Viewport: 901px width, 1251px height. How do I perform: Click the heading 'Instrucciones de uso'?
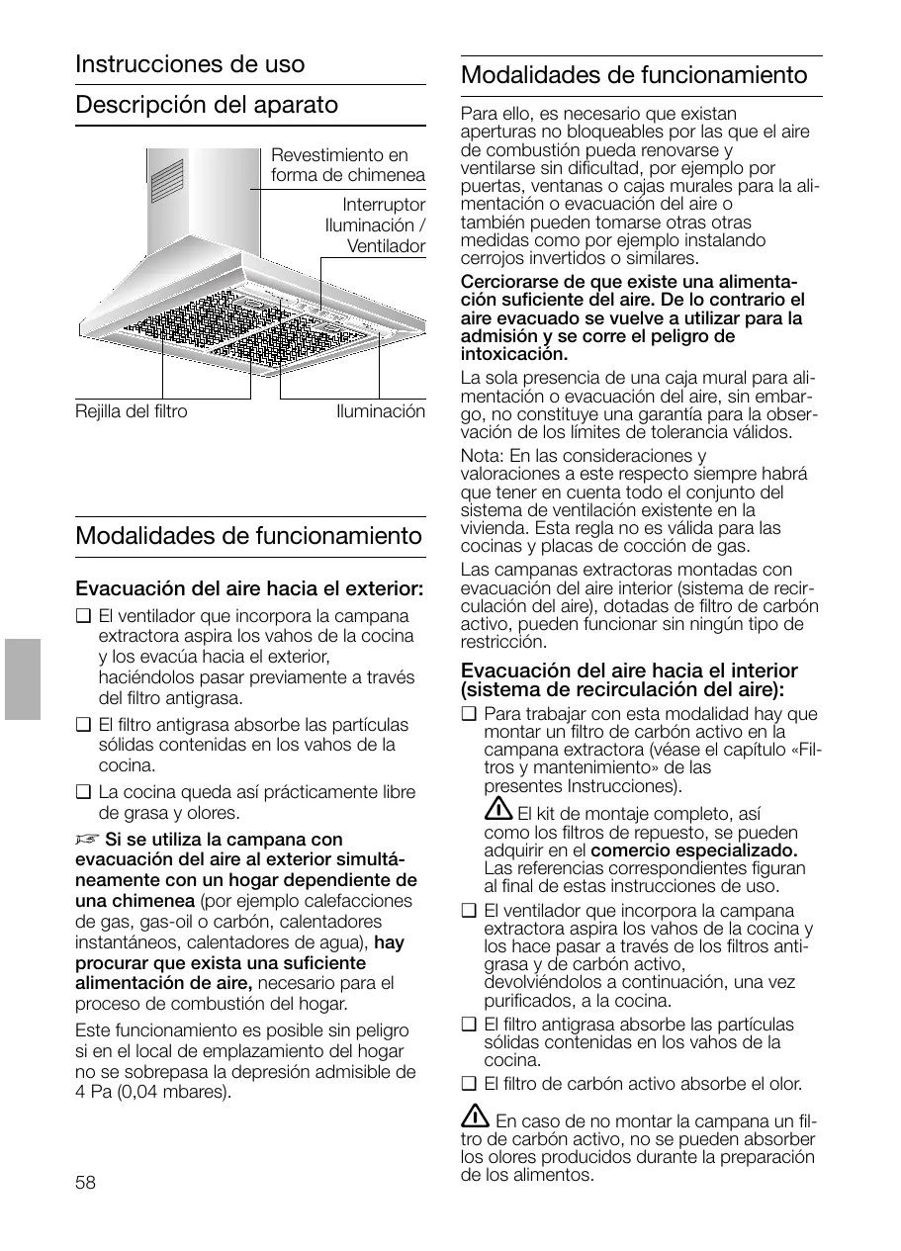[x=190, y=64]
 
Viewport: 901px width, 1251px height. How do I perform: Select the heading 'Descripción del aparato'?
[x=207, y=105]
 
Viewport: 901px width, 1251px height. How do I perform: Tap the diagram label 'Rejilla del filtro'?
[x=131, y=411]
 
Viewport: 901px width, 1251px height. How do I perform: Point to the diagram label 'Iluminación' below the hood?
[x=381, y=411]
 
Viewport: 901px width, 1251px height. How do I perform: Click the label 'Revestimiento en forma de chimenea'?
[x=347, y=165]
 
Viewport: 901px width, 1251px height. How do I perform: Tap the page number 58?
[x=86, y=1183]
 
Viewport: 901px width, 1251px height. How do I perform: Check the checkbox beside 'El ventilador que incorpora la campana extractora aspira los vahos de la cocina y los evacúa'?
[x=82, y=616]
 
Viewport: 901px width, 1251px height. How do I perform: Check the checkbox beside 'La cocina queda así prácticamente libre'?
[x=82, y=792]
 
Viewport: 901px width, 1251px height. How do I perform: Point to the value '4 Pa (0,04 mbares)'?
[x=153, y=1093]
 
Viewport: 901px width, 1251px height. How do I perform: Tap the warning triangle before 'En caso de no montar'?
[x=476, y=1117]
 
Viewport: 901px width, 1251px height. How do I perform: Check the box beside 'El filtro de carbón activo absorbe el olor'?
[x=468, y=1084]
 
